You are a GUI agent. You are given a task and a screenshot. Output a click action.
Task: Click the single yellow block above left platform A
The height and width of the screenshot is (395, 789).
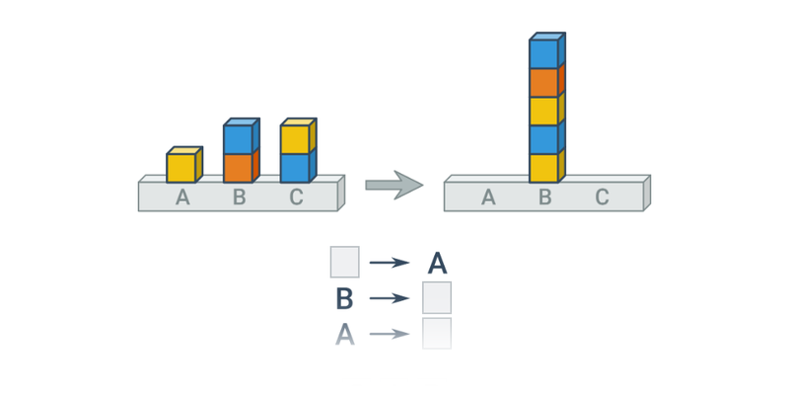click(181, 168)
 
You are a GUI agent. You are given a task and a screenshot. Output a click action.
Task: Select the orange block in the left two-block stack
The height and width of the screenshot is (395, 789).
click(238, 169)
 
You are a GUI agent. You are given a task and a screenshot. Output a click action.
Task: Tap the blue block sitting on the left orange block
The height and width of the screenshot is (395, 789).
click(238, 140)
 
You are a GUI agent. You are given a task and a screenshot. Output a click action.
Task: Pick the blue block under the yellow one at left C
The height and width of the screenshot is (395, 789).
click(295, 169)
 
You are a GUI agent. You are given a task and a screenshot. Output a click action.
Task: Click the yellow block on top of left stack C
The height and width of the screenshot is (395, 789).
click(295, 140)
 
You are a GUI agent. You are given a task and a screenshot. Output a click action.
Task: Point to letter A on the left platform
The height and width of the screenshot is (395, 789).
click(182, 197)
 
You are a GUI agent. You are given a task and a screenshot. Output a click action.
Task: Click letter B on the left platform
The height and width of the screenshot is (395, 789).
click(239, 197)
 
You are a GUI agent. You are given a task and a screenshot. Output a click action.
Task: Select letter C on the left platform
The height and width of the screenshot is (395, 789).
click(296, 197)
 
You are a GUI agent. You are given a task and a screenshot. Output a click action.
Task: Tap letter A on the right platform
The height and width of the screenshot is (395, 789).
click(488, 197)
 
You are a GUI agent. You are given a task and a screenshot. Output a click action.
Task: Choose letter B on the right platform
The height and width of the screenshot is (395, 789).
click(544, 197)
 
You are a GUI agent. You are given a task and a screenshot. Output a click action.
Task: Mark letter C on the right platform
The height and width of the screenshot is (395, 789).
click(602, 197)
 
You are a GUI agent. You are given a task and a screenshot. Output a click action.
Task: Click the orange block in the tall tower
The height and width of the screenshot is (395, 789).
click(543, 83)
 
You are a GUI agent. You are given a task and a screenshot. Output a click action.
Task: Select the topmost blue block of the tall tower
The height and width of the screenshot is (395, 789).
click(543, 54)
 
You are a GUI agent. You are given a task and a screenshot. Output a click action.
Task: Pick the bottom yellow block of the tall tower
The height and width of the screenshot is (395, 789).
click(543, 169)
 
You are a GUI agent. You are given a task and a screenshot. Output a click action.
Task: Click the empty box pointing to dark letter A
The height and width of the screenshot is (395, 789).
click(344, 263)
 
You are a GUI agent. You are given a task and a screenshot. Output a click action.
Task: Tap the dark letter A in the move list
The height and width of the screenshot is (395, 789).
click(437, 264)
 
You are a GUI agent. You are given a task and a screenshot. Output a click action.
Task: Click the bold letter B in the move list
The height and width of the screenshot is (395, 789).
click(344, 298)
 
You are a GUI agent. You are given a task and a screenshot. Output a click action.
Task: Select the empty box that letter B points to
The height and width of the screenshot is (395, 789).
click(437, 297)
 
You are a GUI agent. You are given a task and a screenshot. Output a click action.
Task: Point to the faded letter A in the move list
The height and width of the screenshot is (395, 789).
click(344, 334)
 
